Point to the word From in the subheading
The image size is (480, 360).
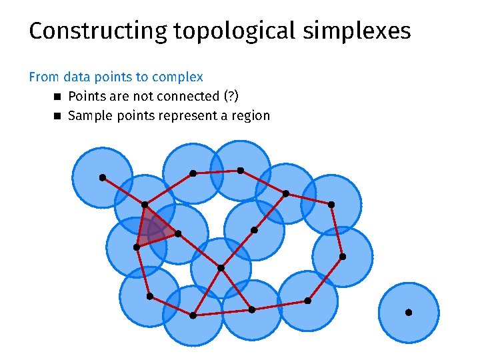43,77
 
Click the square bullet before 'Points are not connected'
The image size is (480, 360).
57,97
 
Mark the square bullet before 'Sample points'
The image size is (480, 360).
57,116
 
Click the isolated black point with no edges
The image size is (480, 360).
409,312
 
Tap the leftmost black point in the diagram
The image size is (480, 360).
102,177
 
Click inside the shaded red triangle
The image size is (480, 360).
153,229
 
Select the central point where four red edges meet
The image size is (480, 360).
221,268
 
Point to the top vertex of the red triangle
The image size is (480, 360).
145,204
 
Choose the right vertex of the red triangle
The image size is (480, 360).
178,233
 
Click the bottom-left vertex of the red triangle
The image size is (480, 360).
136,247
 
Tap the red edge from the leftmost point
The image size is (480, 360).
123,191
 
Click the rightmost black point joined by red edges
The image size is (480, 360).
343,256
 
